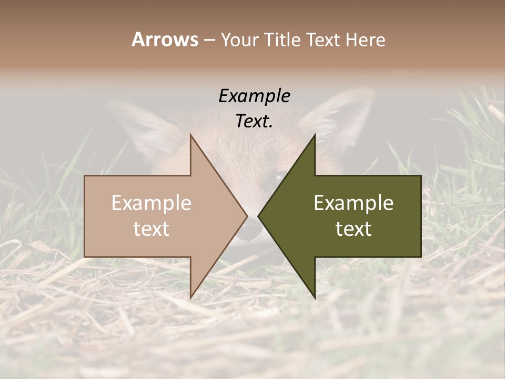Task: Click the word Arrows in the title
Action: click(165, 39)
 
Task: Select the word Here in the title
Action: click(365, 39)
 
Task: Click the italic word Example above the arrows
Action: click(254, 96)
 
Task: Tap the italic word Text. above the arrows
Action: click(254, 121)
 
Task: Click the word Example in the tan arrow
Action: click(151, 203)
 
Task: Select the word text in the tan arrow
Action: click(151, 229)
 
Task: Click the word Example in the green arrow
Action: click(353, 203)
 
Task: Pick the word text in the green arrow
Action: click(353, 229)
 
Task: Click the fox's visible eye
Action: click(277, 178)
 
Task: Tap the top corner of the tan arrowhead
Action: click(191, 135)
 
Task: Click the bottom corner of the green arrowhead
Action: click(315, 297)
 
